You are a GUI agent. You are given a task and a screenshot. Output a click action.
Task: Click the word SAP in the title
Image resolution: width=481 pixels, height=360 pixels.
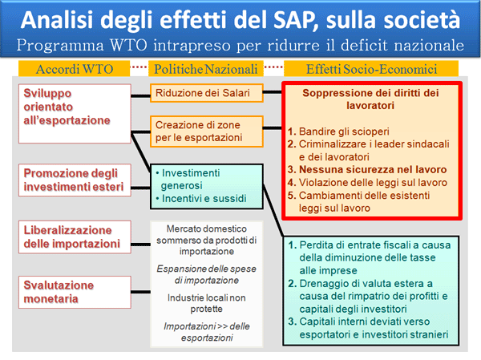pos(295,20)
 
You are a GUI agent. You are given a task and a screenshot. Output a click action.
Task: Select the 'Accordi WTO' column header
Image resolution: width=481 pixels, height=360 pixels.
pos(74,69)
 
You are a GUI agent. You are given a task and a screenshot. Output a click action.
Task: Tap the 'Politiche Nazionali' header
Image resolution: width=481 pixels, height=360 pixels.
pos(206,69)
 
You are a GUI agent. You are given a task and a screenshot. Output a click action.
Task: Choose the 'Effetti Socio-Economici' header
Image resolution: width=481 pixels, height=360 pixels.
pos(371,69)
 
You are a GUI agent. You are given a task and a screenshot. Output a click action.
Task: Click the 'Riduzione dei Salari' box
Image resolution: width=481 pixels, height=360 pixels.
pos(207,93)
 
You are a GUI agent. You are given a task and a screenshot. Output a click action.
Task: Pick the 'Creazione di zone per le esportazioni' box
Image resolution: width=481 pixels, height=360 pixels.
pos(207,131)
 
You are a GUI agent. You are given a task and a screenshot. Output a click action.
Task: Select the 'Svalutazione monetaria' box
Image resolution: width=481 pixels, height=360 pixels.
pos(75,292)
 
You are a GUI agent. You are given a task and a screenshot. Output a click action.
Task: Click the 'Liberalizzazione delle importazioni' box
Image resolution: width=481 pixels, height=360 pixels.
pos(75,237)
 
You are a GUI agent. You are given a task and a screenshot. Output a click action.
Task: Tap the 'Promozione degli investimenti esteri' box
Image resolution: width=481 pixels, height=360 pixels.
pos(75,180)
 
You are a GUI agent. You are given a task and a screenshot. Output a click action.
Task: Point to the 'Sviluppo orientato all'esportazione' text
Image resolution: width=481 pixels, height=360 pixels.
pos(67,107)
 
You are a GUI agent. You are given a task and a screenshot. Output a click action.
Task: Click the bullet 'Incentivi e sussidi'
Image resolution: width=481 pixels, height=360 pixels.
pos(201,199)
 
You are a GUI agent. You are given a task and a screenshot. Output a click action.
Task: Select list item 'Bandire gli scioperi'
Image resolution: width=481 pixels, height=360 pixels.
pos(338,131)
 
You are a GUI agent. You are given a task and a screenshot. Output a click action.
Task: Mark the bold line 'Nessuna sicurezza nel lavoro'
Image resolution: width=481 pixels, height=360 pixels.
pos(367,170)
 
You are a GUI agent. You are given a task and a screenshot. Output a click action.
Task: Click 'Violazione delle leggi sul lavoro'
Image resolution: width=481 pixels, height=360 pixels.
pos(367,183)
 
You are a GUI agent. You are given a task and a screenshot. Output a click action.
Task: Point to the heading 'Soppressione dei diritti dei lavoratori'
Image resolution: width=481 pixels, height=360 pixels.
pos(370,99)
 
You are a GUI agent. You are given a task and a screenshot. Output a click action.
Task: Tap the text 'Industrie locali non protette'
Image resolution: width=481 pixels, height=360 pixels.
pos(207,303)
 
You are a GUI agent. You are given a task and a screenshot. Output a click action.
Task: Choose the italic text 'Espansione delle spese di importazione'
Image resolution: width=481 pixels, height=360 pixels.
pos(207,274)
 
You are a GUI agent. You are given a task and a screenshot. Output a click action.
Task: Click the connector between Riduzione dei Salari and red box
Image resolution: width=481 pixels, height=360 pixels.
pos(273,92)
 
